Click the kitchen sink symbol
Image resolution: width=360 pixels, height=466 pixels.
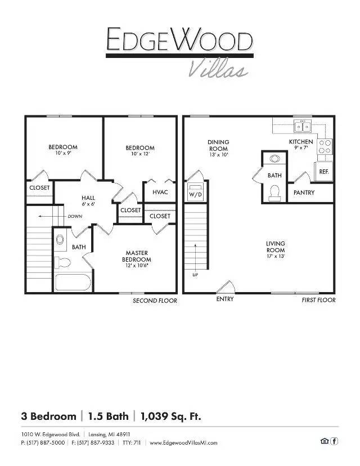(x=303, y=126)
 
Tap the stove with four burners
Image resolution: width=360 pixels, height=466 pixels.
(x=325, y=146)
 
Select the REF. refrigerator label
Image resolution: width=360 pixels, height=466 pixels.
(x=324, y=172)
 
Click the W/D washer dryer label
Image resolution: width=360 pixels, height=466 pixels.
(x=195, y=194)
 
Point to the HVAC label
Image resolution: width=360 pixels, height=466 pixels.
(x=160, y=192)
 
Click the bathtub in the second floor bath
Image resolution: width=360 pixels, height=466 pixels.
(x=73, y=282)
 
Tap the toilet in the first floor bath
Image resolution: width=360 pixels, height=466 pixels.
(x=274, y=193)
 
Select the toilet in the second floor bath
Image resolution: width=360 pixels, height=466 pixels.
(x=62, y=263)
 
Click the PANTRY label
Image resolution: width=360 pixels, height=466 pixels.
(x=304, y=192)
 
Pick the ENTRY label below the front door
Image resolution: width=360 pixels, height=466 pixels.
(x=225, y=299)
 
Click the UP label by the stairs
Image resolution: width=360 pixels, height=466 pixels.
(x=195, y=275)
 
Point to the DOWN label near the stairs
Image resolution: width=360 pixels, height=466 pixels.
(x=75, y=216)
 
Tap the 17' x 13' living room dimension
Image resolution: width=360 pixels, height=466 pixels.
(x=276, y=256)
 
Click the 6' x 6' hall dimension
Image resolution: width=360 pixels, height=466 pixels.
(x=88, y=204)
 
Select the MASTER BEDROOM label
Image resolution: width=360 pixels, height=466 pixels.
(x=137, y=256)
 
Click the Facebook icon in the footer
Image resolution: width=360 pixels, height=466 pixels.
(x=334, y=441)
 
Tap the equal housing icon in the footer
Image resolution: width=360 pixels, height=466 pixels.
(x=325, y=441)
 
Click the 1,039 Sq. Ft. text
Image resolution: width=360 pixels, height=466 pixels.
(x=171, y=416)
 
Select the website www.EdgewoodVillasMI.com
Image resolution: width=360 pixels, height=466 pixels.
(x=183, y=443)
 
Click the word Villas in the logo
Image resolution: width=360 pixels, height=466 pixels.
(x=218, y=68)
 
